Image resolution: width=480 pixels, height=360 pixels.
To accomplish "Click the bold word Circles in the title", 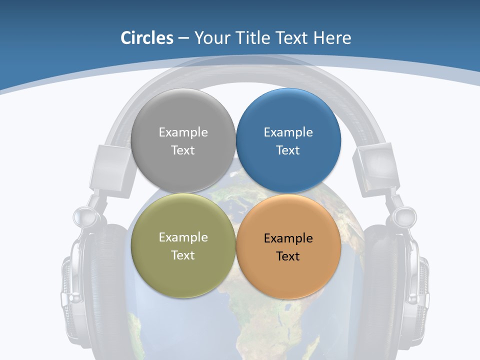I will tap(146, 38).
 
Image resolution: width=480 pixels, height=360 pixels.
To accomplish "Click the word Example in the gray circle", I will tap(183, 132).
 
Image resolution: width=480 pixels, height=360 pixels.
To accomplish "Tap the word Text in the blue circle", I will tap(288, 150).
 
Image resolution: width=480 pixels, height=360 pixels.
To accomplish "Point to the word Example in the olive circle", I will tap(183, 237).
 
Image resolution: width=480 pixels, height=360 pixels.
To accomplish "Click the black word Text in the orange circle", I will tap(288, 256).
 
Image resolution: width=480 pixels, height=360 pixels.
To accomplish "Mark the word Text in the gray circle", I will tap(183, 150).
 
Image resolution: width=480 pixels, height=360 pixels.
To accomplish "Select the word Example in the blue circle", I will tap(288, 132).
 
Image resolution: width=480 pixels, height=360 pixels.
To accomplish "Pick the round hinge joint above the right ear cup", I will tap(404, 216).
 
